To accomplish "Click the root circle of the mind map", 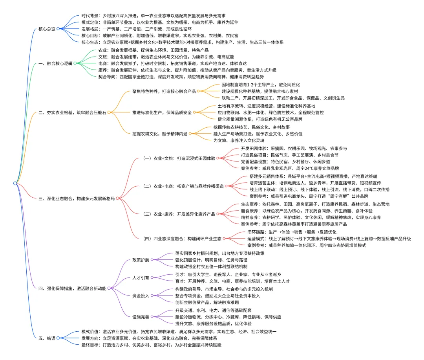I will (15, 183).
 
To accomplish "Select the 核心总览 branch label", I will (47, 29).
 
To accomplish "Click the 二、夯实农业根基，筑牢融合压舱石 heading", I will (73, 112).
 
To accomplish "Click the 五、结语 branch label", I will (47, 338).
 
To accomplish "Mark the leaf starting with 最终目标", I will (151, 345).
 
